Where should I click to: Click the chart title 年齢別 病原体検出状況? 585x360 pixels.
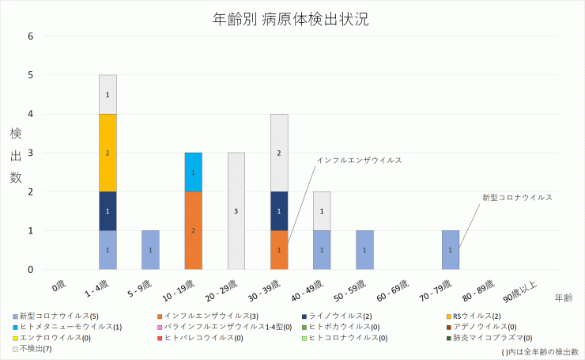click(291, 19)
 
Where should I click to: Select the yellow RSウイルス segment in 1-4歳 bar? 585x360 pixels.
click(108, 153)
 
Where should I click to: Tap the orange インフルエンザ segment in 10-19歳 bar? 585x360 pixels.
click(194, 230)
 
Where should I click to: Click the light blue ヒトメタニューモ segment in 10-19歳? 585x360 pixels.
click(194, 172)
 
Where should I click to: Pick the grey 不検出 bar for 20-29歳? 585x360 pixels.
click(236, 211)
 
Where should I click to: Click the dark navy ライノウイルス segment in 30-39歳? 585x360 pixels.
click(279, 211)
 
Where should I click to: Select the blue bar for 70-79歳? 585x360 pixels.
click(451, 250)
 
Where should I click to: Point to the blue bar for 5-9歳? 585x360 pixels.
click(150, 250)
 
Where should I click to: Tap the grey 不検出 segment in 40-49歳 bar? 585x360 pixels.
click(322, 211)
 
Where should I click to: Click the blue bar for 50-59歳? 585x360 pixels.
click(364, 250)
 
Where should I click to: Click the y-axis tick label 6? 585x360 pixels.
click(30, 36)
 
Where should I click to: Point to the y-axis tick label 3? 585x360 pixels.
click(30, 153)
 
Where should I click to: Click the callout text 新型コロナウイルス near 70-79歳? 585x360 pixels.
click(517, 197)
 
